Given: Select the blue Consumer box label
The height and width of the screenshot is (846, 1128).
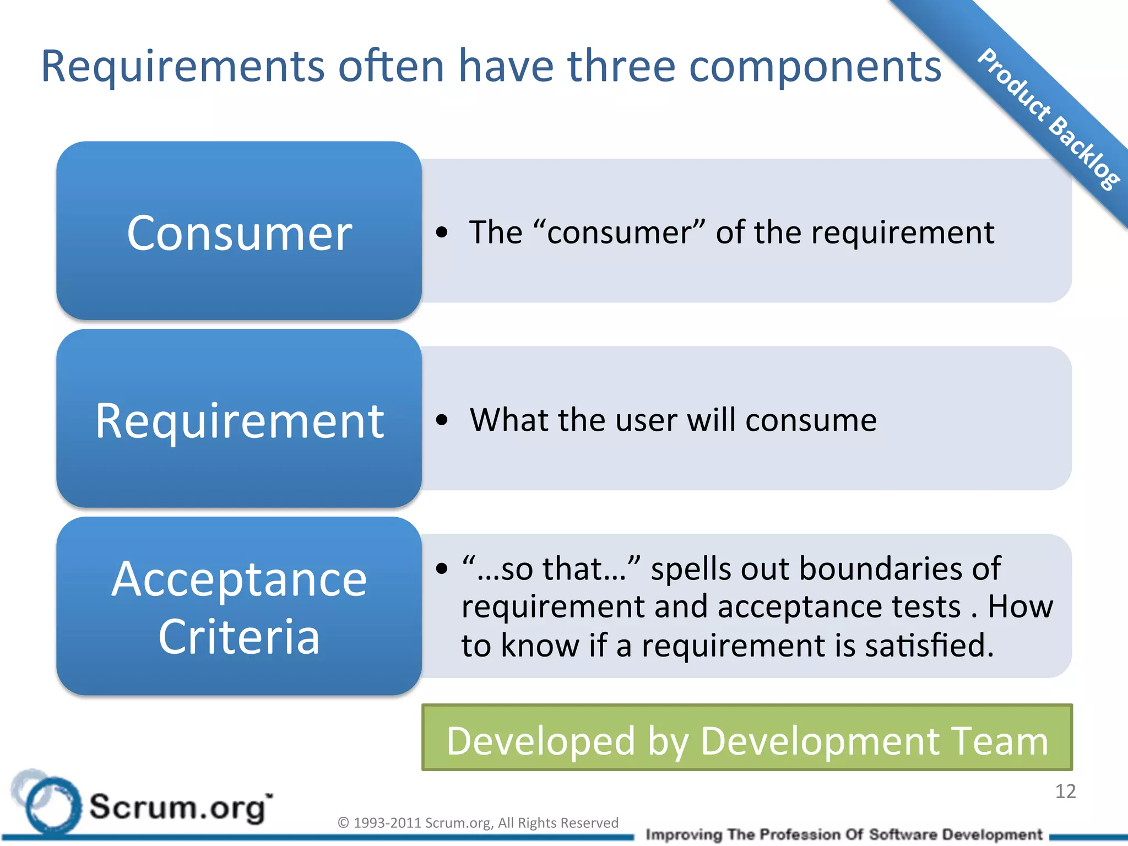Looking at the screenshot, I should (239, 234).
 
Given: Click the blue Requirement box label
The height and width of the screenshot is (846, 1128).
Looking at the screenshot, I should (239, 421).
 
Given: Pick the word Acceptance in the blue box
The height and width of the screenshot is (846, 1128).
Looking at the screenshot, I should (239, 579).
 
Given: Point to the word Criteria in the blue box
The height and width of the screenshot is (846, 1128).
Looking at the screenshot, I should (239, 637).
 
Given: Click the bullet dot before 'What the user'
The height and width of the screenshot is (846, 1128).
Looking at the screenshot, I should (441, 420).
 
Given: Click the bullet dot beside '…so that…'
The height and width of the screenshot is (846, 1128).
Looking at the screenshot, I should (441, 568).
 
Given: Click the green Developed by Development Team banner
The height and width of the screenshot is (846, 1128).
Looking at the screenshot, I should (747, 738).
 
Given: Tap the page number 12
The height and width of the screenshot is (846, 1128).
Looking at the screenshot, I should (1065, 791).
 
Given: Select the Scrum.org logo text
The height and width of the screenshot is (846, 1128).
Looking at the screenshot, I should (180, 807).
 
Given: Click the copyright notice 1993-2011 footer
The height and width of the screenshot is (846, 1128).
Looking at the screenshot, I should (478, 823).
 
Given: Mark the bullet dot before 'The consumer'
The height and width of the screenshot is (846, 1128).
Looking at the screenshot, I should (441, 232).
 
